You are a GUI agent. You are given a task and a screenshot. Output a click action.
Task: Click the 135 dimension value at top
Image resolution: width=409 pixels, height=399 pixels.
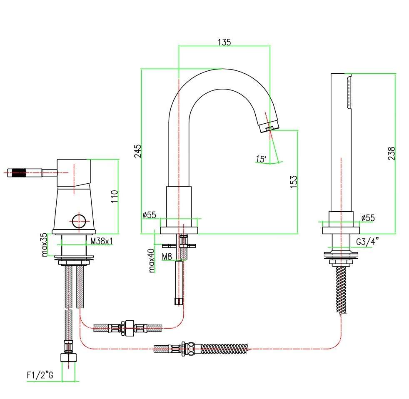[x=224, y=42]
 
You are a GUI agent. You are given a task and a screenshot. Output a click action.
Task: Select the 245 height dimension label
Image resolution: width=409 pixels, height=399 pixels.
[x=137, y=151]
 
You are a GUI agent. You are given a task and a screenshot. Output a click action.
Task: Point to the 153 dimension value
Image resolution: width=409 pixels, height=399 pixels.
[x=294, y=182]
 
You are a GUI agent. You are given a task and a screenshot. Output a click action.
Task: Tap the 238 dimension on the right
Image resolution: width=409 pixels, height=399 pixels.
[x=391, y=153]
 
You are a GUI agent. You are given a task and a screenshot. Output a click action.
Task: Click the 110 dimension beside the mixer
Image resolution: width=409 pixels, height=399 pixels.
[x=114, y=196]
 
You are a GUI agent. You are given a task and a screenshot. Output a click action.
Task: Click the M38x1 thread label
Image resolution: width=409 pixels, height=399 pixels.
[x=102, y=241]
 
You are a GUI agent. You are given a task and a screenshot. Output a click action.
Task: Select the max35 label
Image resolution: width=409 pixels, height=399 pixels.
[x=44, y=244]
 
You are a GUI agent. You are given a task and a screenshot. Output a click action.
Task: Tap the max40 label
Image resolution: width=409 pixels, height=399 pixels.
[x=151, y=261]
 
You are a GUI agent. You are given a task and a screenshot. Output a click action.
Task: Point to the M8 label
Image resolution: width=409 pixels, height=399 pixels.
[x=167, y=257]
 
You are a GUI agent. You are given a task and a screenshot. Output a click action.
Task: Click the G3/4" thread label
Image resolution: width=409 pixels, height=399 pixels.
[x=367, y=242]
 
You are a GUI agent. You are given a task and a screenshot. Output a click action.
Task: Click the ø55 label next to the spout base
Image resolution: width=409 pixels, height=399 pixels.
[x=150, y=215]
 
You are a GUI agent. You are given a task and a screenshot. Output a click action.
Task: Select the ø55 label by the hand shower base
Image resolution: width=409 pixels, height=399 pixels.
[x=368, y=218]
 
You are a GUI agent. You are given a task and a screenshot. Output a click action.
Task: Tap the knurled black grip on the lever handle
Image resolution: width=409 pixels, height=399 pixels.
[x=19, y=173]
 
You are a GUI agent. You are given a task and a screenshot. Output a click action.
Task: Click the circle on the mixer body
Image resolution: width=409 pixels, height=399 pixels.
[x=79, y=222]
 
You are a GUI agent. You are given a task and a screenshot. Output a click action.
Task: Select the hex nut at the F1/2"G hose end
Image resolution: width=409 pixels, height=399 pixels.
[x=68, y=357]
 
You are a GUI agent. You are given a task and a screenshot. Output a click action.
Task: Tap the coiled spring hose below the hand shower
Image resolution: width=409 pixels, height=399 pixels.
[x=341, y=290]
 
